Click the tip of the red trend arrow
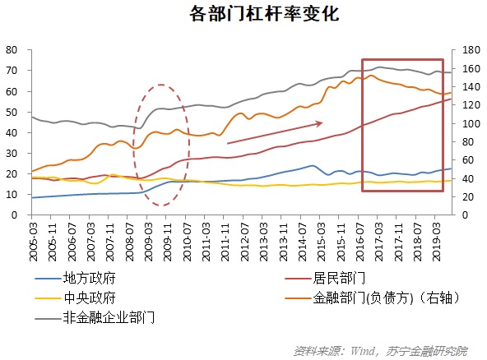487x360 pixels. coord(322,123)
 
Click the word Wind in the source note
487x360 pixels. coord(364,350)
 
